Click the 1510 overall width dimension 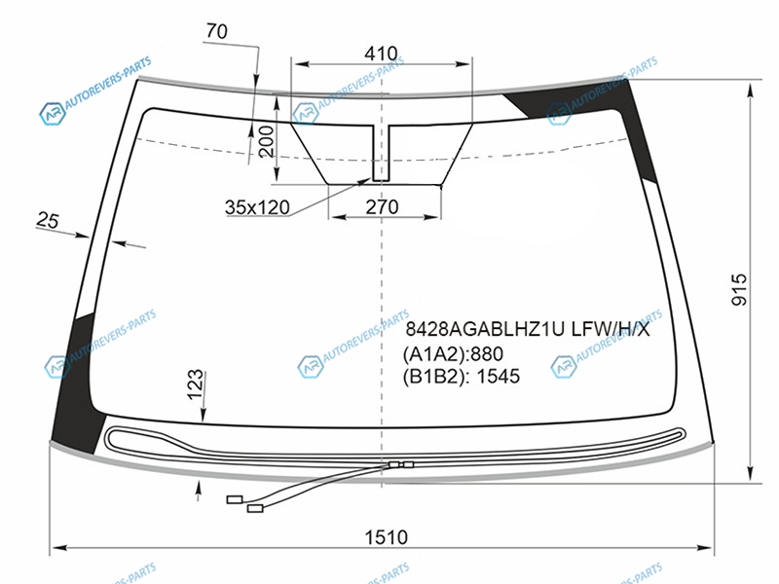click(386, 537)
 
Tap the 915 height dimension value click(739, 289)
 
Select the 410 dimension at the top click(381, 54)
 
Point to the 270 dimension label click(382, 206)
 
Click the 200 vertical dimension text click(266, 141)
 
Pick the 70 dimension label click(216, 31)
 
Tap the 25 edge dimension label click(48, 220)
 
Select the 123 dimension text click(196, 383)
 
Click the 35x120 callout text click(257, 207)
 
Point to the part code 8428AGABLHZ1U click(485, 329)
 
